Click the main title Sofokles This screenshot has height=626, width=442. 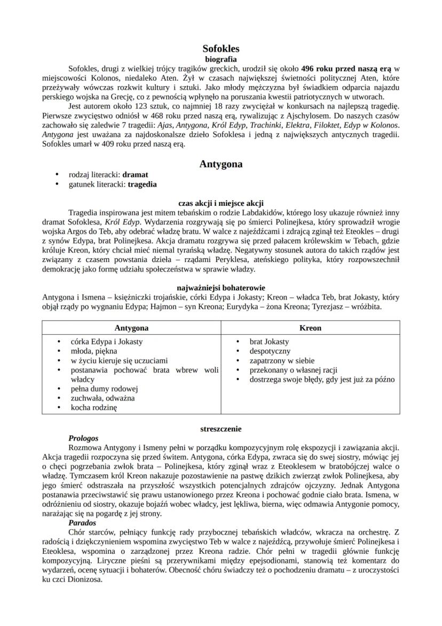(221, 49)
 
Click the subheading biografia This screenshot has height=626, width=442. (221, 59)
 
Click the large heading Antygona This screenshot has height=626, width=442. (221, 164)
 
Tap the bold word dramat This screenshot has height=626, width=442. (135, 175)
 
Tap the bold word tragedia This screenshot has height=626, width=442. (143, 184)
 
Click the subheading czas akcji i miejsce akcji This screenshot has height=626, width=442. (221, 203)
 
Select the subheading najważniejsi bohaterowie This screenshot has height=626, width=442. (221, 288)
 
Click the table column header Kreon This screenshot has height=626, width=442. (310, 328)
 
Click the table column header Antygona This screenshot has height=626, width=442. (131, 328)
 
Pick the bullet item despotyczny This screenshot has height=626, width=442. (270, 351)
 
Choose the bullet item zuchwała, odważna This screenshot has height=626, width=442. (103, 398)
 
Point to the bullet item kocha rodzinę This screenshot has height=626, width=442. (94, 407)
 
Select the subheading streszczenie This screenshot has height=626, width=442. (221, 429)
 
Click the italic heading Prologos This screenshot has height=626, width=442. (83, 438)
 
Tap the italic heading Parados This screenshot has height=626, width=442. (82, 523)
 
